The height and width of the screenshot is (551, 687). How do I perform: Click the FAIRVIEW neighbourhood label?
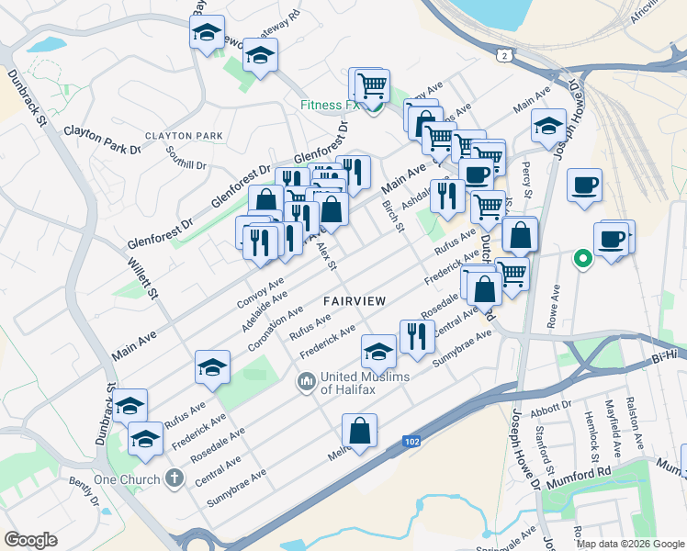click(354, 301)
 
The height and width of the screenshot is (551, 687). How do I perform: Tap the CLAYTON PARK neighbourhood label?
click(190, 136)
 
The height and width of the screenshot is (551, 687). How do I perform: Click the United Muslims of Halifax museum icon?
click(305, 379)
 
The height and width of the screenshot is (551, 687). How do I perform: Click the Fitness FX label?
click(327, 105)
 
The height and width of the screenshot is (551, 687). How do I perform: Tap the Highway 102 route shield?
click(412, 443)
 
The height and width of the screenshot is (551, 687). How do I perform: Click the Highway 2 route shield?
click(503, 56)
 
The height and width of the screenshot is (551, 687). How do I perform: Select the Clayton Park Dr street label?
click(102, 139)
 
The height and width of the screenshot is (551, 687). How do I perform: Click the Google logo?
click(30, 540)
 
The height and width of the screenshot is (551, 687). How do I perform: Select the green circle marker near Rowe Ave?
click(581, 259)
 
